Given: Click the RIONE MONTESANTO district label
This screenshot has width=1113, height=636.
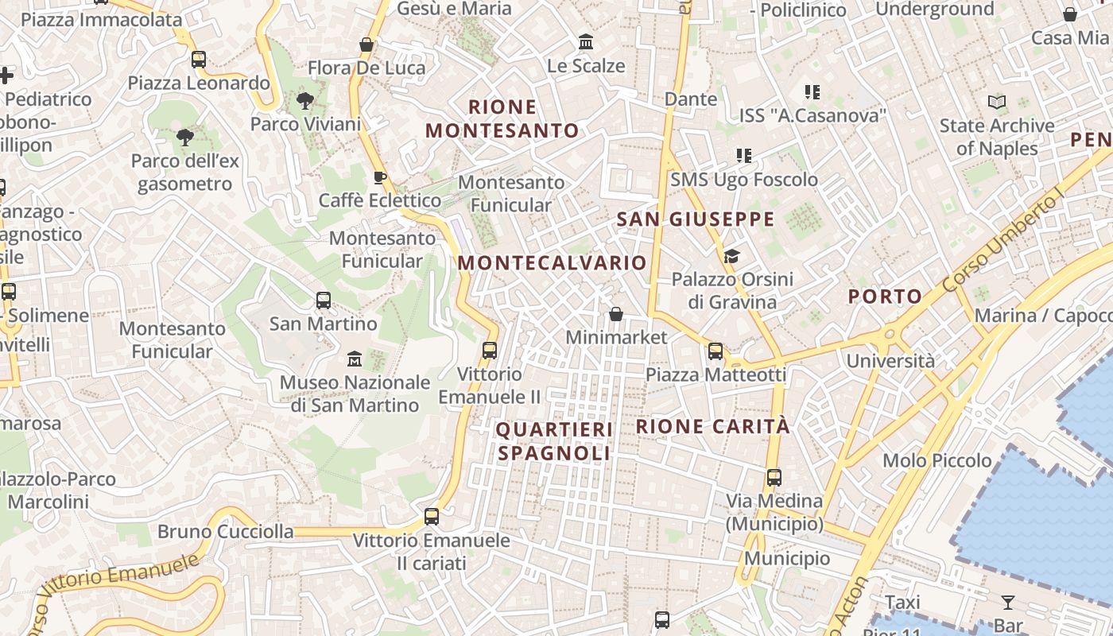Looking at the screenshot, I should pyautogui.click(x=502, y=118).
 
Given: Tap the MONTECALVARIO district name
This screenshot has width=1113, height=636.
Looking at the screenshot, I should pyautogui.click(x=553, y=263).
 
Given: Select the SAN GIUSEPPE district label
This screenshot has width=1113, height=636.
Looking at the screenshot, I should pyautogui.click(x=696, y=219).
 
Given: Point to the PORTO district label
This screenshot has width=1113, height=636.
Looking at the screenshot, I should pyautogui.click(x=885, y=297).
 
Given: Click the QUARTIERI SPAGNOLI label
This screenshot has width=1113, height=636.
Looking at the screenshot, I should pyautogui.click(x=554, y=441).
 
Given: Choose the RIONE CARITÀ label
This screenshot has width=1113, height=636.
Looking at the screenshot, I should pyautogui.click(x=713, y=427).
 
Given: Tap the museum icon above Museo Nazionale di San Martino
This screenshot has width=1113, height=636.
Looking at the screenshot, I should pyautogui.click(x=355, y=359).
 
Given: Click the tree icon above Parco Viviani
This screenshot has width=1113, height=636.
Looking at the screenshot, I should pyautogui.click(x=304, y=101).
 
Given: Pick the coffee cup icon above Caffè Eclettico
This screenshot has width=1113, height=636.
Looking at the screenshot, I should pyautogui.click(x=380, y=177).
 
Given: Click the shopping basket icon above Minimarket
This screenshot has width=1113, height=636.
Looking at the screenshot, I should pyautogui.click(x=616, y=314).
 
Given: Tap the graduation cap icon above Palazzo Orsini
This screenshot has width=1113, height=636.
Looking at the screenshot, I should pyautogui.click(x=731, y=256).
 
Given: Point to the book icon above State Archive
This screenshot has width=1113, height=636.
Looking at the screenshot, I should pyautogui.click(x=997, y=102).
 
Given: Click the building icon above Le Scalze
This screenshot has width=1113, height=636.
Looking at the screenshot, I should pyautogui.click(x=586, y=41).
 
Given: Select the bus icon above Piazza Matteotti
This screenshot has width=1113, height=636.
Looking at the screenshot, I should pyautogui.click(x=715, y=351).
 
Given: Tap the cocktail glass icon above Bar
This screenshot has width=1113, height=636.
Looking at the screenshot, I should pyautogui.click(x=1008, y=602).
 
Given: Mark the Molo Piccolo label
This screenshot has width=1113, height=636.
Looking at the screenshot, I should pyautogui.click(x=937, y=460).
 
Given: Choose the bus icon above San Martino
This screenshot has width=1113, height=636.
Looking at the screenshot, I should pyautogui.click(x=324, y=301).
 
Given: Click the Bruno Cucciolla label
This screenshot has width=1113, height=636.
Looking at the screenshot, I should pyautogui.click(x=226, y=531).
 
